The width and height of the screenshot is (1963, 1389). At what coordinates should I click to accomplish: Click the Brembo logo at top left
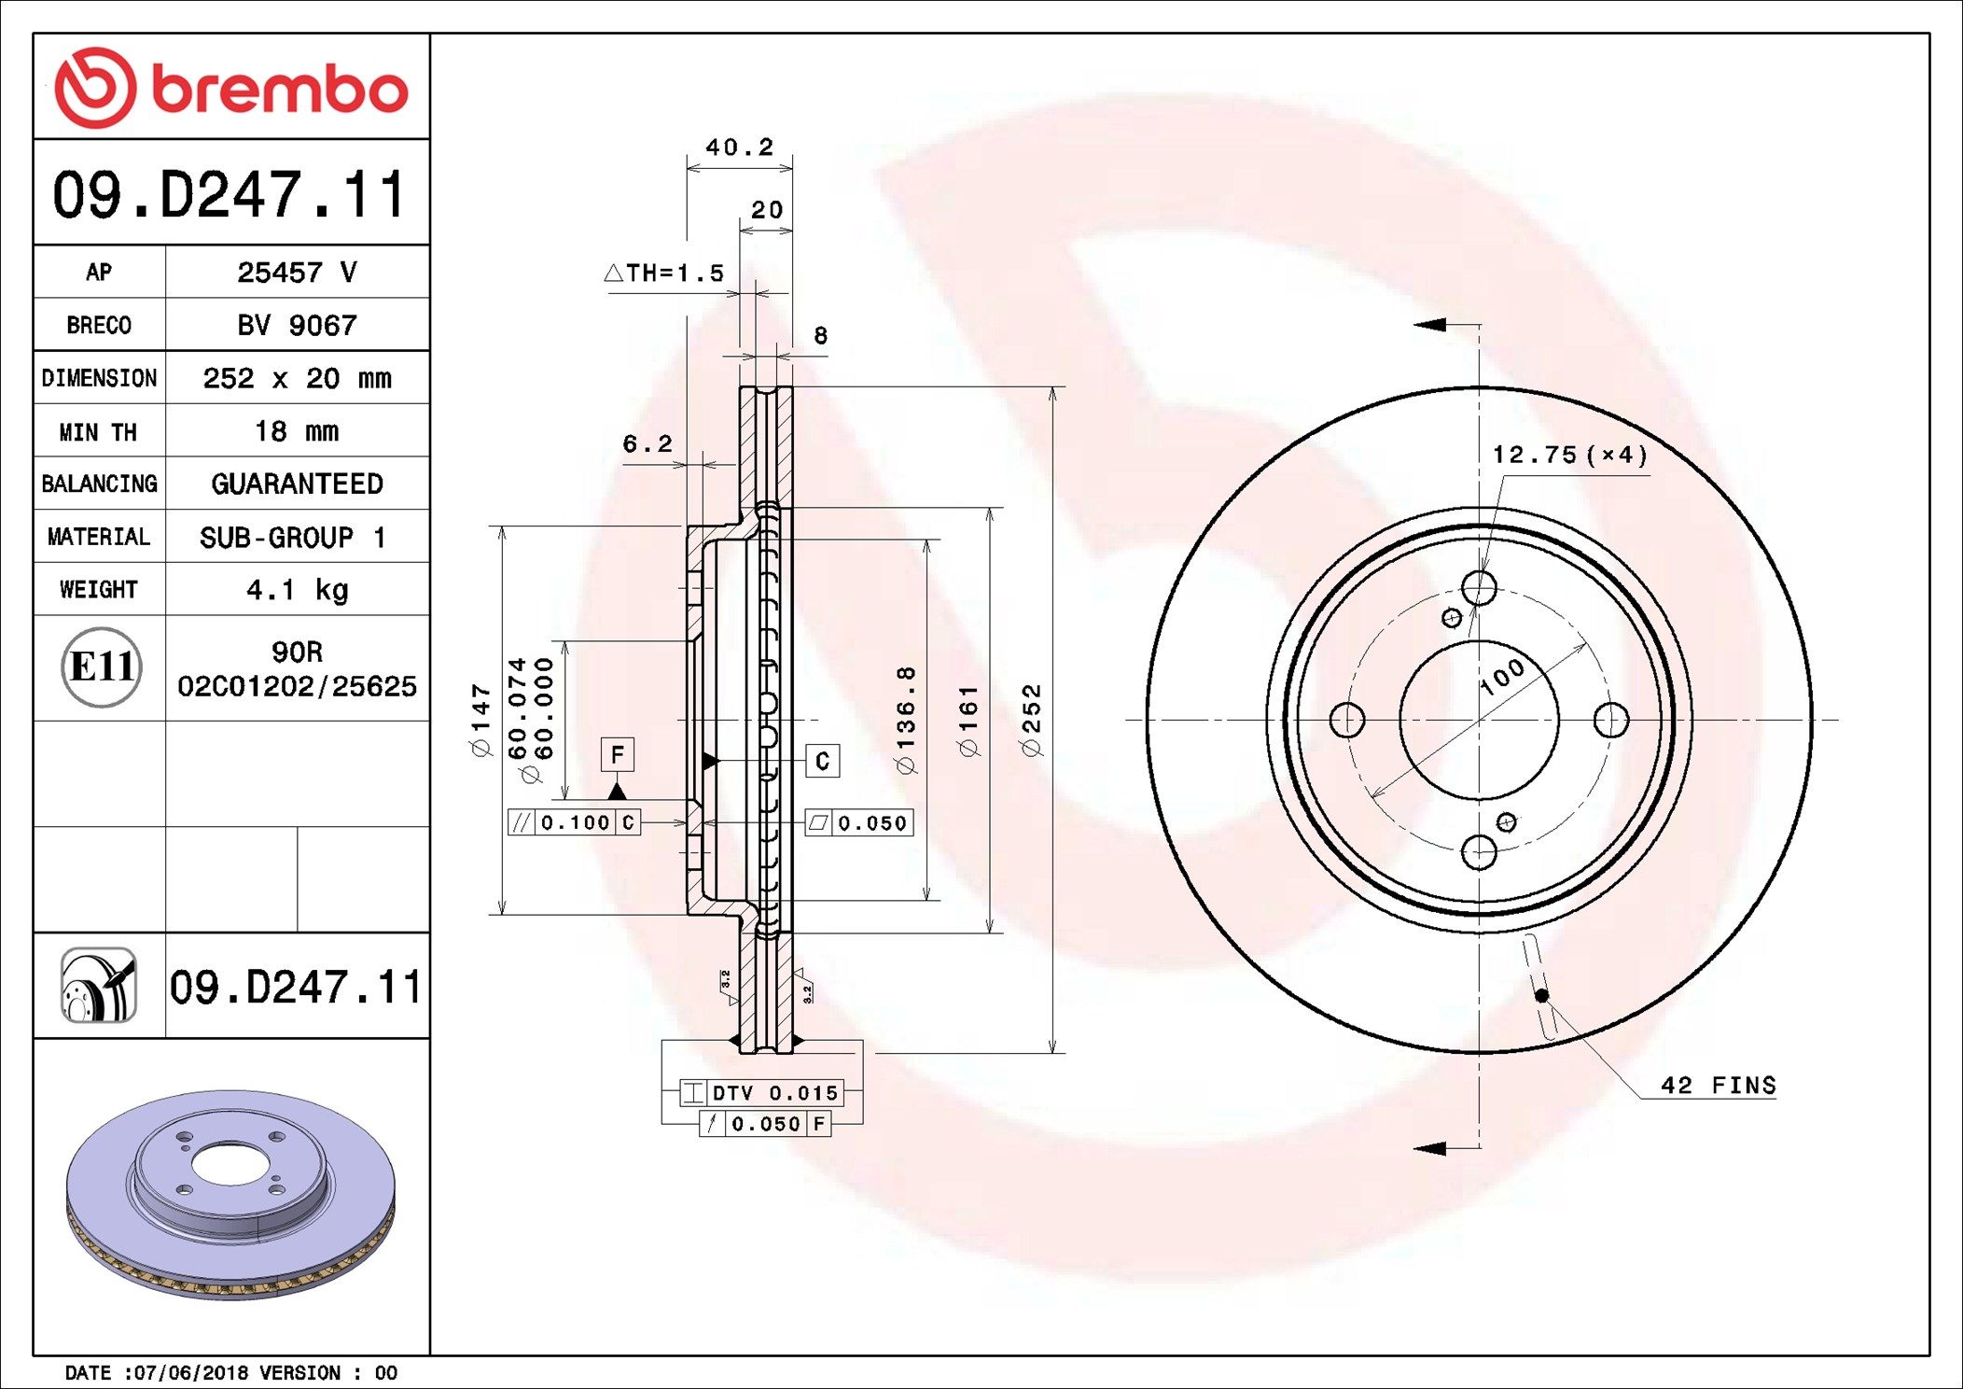tap(230, 89)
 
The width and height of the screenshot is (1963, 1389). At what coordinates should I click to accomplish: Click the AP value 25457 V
tap(297, 273)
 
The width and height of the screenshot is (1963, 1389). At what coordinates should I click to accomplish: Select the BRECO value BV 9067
tap(297, 326)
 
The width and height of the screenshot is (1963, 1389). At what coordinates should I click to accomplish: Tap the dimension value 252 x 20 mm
tap(297, 378)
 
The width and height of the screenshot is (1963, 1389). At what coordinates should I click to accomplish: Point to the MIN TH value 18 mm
tap(297, 431)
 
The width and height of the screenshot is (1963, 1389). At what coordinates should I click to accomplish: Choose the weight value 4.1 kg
tap(297, 590)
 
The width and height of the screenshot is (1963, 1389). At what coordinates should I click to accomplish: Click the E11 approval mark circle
tap(101, 667)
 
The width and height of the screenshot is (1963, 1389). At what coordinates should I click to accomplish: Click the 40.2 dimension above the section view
tap(739, 147)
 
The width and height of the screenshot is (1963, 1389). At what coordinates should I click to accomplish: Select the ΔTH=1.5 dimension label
tap(664, 274)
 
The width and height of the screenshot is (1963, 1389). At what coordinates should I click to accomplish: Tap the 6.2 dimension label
tap(647, 444)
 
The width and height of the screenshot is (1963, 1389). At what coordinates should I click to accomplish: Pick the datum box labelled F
tap(617, 754)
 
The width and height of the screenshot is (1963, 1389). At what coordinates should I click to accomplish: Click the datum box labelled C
tap(822, 761)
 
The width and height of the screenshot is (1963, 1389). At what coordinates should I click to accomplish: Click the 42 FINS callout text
tap(1718, 1086)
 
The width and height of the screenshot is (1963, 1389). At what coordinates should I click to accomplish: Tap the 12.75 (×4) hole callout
tap(1569, 455)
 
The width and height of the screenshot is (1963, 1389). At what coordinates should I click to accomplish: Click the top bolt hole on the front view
tap(1479, 588)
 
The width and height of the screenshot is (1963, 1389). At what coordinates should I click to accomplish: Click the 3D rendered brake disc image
tap(230, 1195)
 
